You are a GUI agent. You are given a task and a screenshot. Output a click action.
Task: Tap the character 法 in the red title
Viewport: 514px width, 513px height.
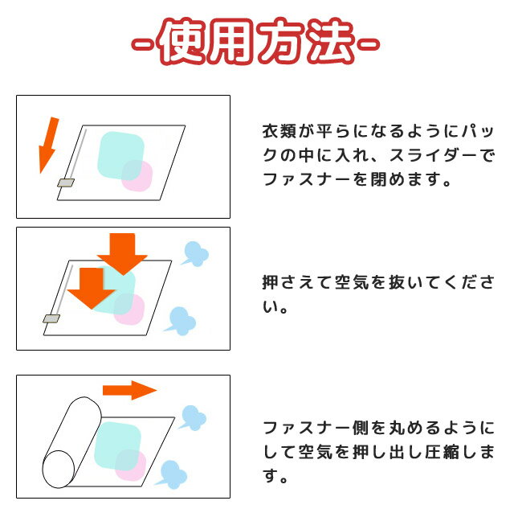pos(330,42)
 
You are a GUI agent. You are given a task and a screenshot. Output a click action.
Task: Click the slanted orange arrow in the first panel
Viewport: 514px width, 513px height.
pos(48,145)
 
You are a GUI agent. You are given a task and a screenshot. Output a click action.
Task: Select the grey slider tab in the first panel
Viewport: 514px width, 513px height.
pos(66,183)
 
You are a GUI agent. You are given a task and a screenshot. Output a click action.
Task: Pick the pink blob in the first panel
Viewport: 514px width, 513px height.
pos(137,176)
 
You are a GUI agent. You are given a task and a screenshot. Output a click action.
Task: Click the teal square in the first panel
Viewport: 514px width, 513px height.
pos(120,155)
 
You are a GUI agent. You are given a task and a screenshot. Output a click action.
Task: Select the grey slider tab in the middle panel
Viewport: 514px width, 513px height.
pos(51,318)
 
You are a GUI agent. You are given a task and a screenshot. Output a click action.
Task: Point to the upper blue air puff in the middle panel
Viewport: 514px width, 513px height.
pos(195,254)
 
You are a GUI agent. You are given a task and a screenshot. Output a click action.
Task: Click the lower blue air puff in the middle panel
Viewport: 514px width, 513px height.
pos(182,321)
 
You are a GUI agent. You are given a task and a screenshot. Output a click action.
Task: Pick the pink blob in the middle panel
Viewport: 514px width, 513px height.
pos(129,310)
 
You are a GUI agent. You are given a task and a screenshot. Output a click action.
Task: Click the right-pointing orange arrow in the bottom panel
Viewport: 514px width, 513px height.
pos(130,390)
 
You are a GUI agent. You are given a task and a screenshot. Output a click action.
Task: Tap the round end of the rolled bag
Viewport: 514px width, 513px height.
pos(59,469)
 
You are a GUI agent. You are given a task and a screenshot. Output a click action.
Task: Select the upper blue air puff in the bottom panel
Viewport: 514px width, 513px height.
pos(193,418)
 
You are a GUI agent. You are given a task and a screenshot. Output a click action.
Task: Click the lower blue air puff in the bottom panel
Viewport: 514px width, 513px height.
pos(172,474)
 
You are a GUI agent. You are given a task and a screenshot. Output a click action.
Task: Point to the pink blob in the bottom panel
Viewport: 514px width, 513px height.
pos(130,465)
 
